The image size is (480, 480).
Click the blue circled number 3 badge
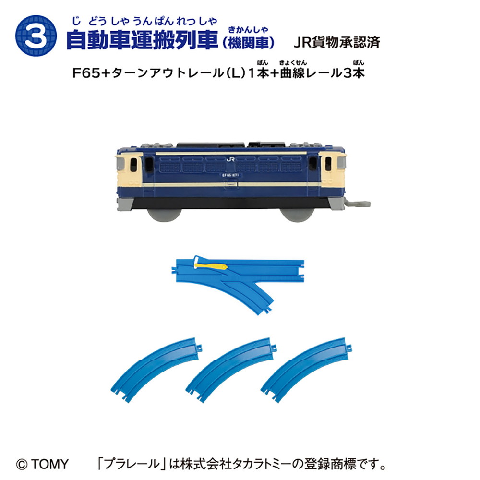pyautogui.click(x=36, y=36)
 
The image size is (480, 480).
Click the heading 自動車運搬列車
pyautogui.click(x=142, y=40)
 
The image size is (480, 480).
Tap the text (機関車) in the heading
pyautogui.click(x=249, y=43)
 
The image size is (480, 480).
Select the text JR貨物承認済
pyautogui.click(x=337, y=42)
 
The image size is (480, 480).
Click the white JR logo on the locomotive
pyautogui.click(x=230, y=159)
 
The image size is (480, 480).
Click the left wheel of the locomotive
pyautogui.click(x=164, y=214)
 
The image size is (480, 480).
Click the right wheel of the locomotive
pyautogui.click(x=297, y=215)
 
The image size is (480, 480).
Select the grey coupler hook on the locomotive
pyautogui.click(x=358, y=203)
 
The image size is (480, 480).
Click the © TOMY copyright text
pyautogui.click(x=42, y=464)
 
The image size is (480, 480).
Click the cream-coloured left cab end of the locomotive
pyautogui.click(x=129, y=170)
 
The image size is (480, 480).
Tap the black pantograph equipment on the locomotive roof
pyautogui.click(x=232, y=145)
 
